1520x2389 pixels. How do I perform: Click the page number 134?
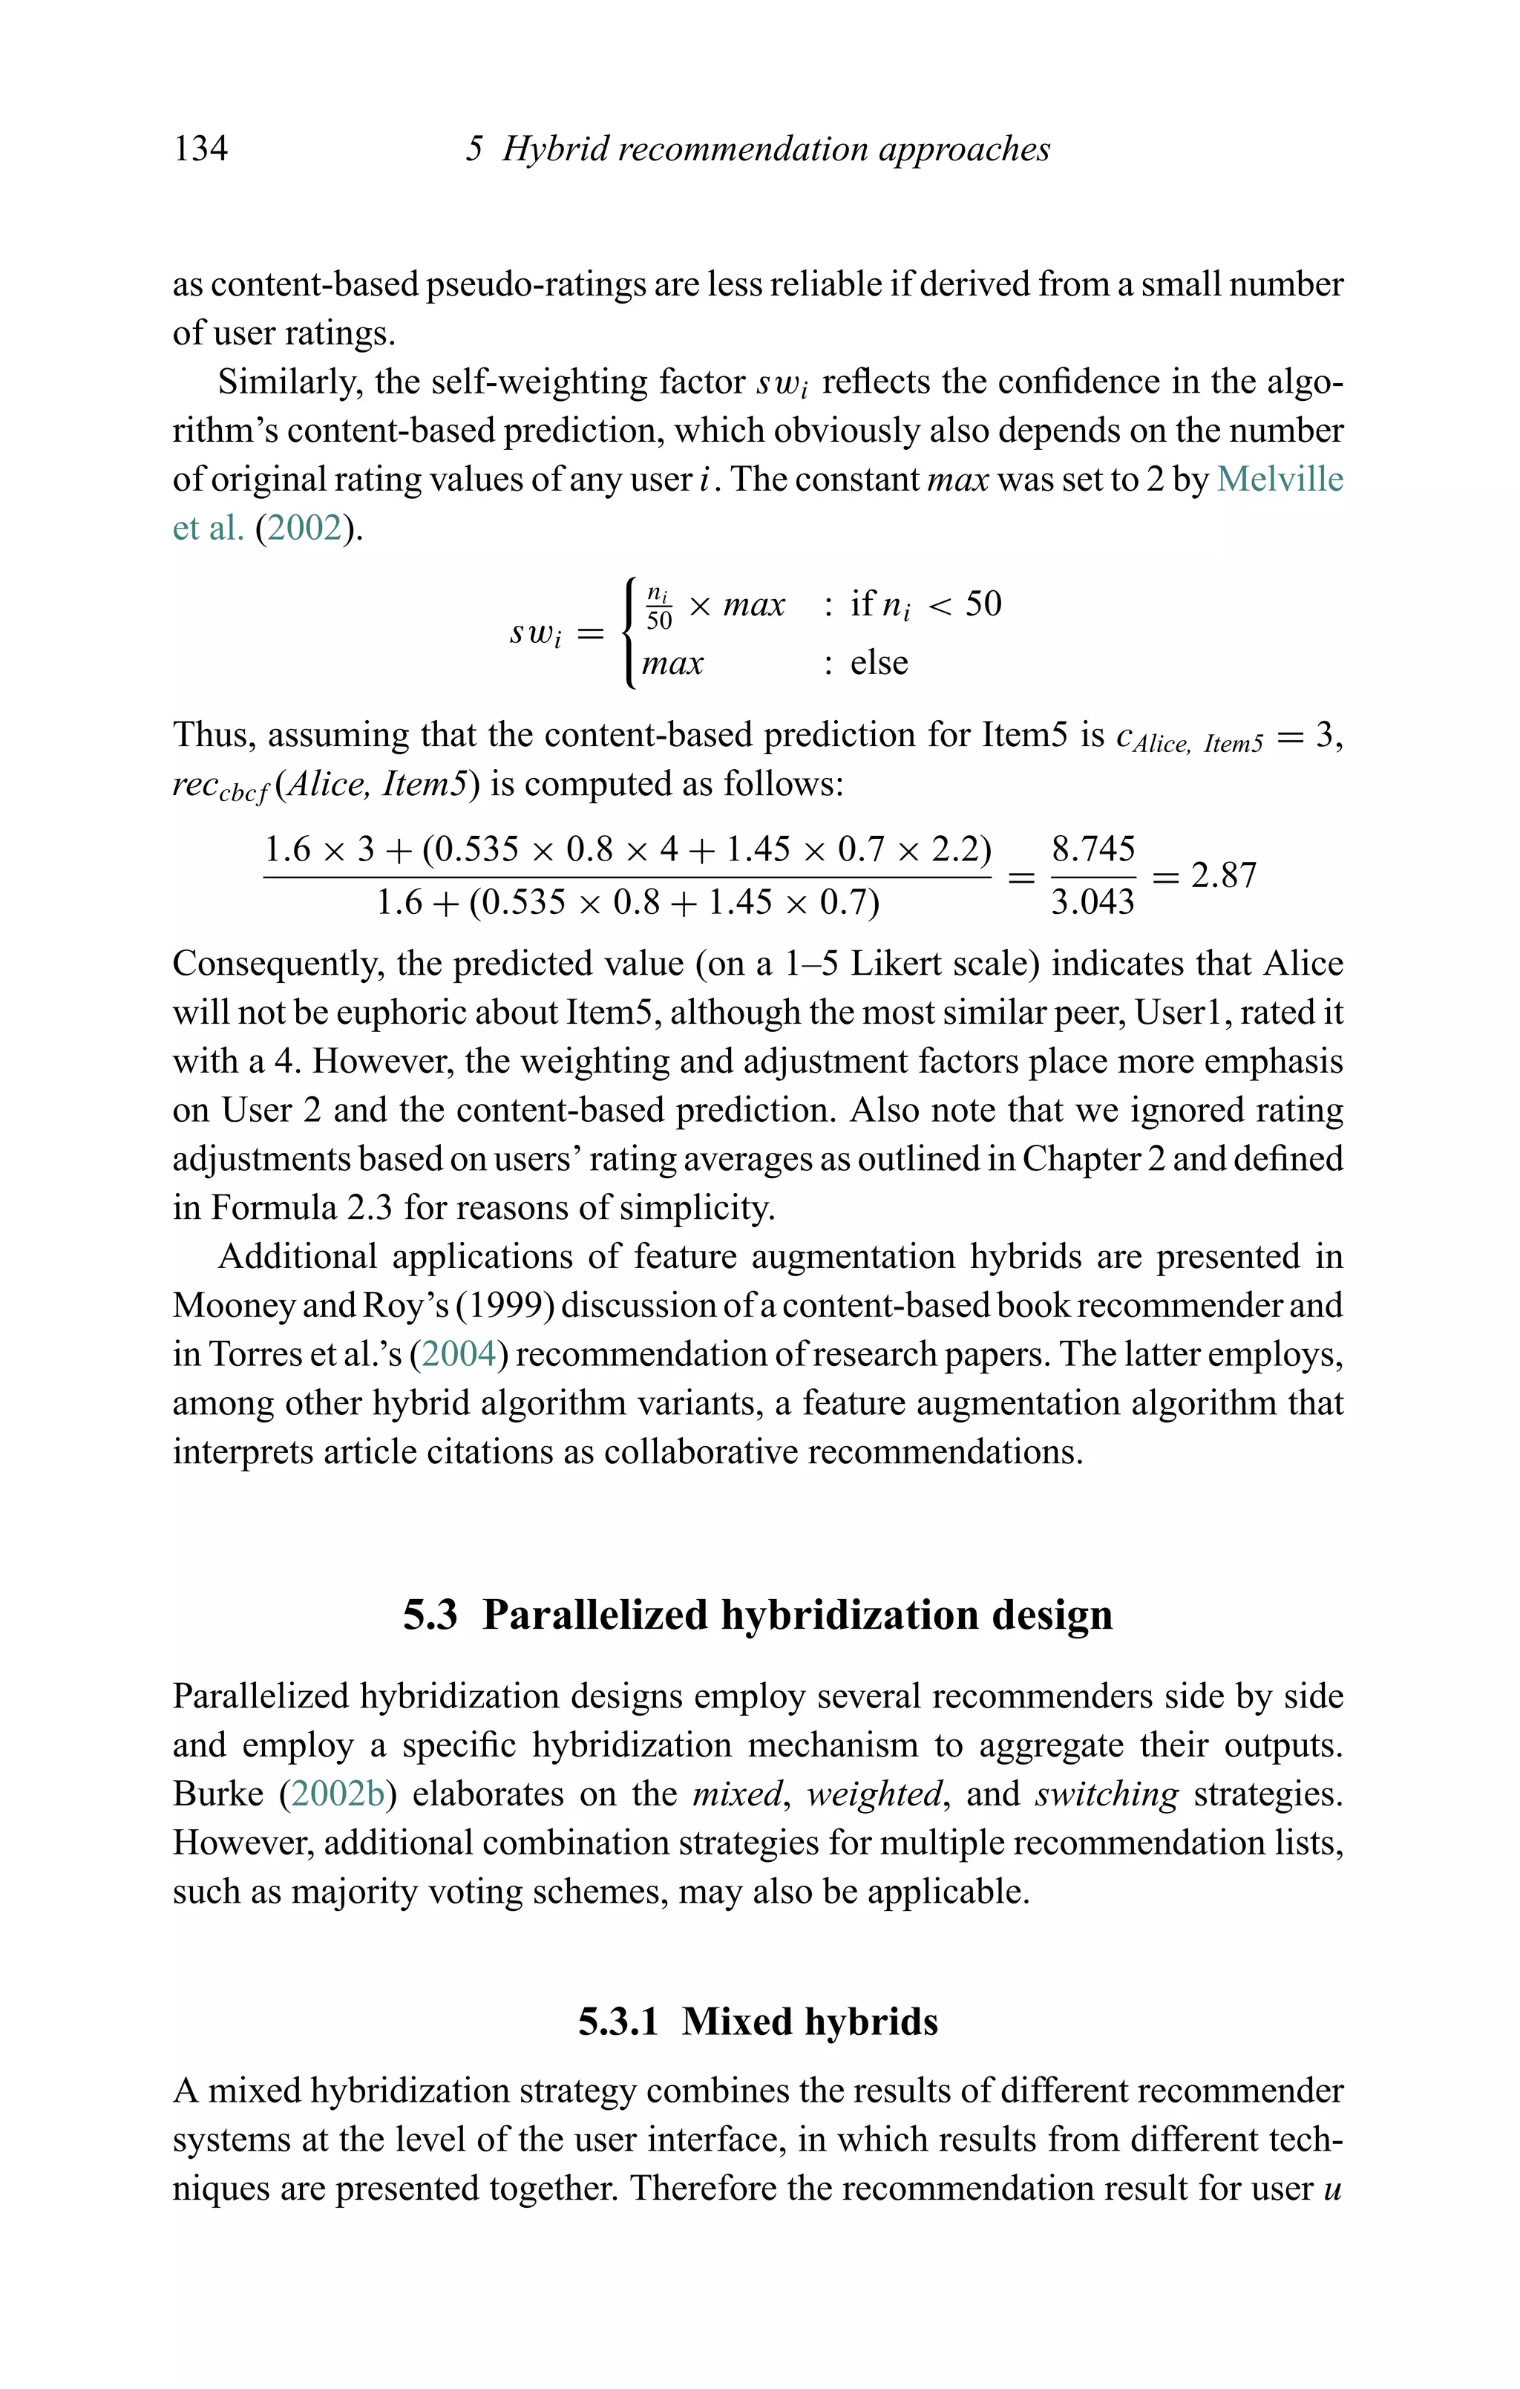pyautogui.click(x=200, y=148)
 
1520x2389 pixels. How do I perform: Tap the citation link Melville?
pyautogui.click(x=1279, y=479)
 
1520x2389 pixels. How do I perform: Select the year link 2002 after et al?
pyautogui.click(x=304, y=528)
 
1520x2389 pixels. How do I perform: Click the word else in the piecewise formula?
pyautogui.click(x=878, y=663)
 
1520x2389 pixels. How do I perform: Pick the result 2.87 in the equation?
pyautogui.click(x=1222, y=876)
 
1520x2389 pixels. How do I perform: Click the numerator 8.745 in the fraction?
pyautogui.click(x=1092, y=849)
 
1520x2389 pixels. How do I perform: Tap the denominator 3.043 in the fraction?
pyautogui.click(x=1092, y=903)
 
